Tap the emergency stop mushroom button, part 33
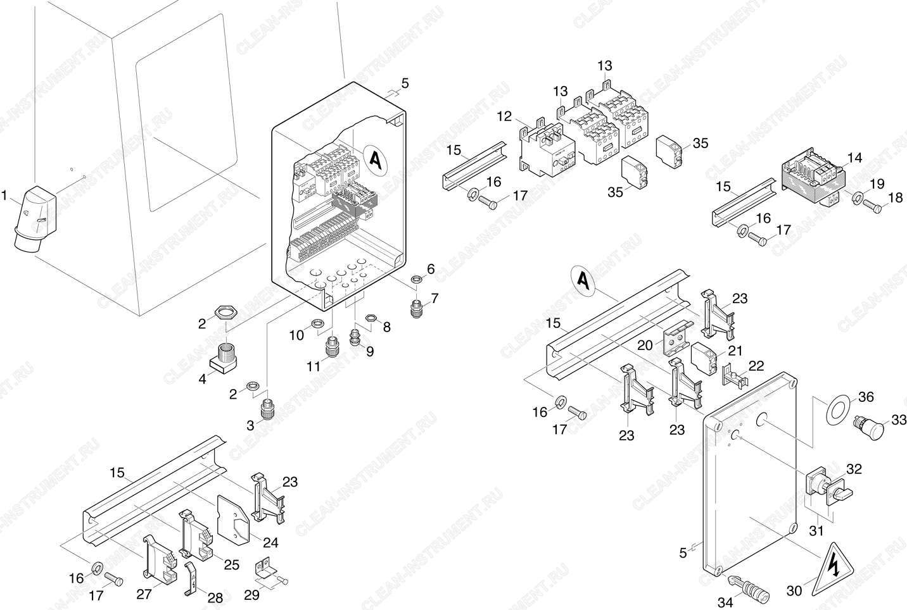coord(870,426)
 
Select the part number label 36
coord(866,397)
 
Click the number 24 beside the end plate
coord(270,542)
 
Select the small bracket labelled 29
coord(267,571)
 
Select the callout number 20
coord(645,345)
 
